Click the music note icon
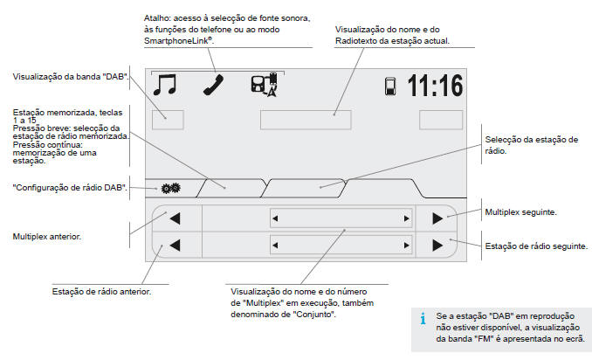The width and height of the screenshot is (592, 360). pyautogui.click(x=164, y=85)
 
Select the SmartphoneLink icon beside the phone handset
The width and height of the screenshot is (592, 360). pyautogui.click(x=264, y=85)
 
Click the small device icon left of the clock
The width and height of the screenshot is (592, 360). pyautogui.click(x=392, y=87)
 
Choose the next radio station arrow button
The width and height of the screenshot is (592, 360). pyautogui.click(x=437, y=246)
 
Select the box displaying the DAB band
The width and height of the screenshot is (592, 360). pyautogui.click(x=167, y=119)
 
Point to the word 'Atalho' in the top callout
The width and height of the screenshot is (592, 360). pyautogui.click(x=158, y=17)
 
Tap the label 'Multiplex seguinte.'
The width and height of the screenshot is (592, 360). pyautogui.click(x=520, y=212)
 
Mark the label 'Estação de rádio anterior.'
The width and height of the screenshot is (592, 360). pyautogui.click(x=101, y=291)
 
